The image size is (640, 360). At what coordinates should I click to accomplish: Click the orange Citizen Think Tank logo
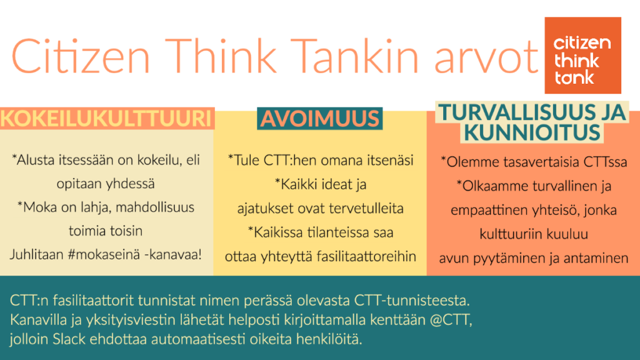click(x=583, y=56)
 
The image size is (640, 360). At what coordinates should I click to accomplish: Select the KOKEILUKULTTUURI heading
click(x=106, y=118)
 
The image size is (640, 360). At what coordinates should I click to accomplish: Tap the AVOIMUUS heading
click(x=320, y=118)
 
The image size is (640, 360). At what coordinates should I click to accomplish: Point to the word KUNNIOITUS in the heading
click(x=532, y=132)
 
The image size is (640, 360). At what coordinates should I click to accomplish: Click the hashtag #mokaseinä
click(x=104, y=255)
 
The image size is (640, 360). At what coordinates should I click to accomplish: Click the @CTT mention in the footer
click(x=451, y=320)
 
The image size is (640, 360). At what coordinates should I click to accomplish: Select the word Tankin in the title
click(x=354, y=56)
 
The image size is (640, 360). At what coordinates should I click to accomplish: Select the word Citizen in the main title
click(x=81, y=56)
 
